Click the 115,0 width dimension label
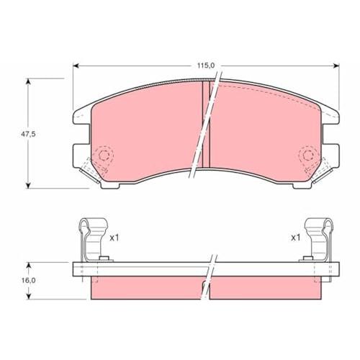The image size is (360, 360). pos(206,66)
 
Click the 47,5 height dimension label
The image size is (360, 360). pos(28,134)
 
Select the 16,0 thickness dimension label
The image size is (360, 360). pos(28,280)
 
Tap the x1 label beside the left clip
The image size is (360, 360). pos(114,238)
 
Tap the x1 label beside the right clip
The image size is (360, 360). pos(295,238)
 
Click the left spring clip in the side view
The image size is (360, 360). pos(92,240)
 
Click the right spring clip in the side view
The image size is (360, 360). pos(318,240)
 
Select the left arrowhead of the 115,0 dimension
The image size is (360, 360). pos(76,66)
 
